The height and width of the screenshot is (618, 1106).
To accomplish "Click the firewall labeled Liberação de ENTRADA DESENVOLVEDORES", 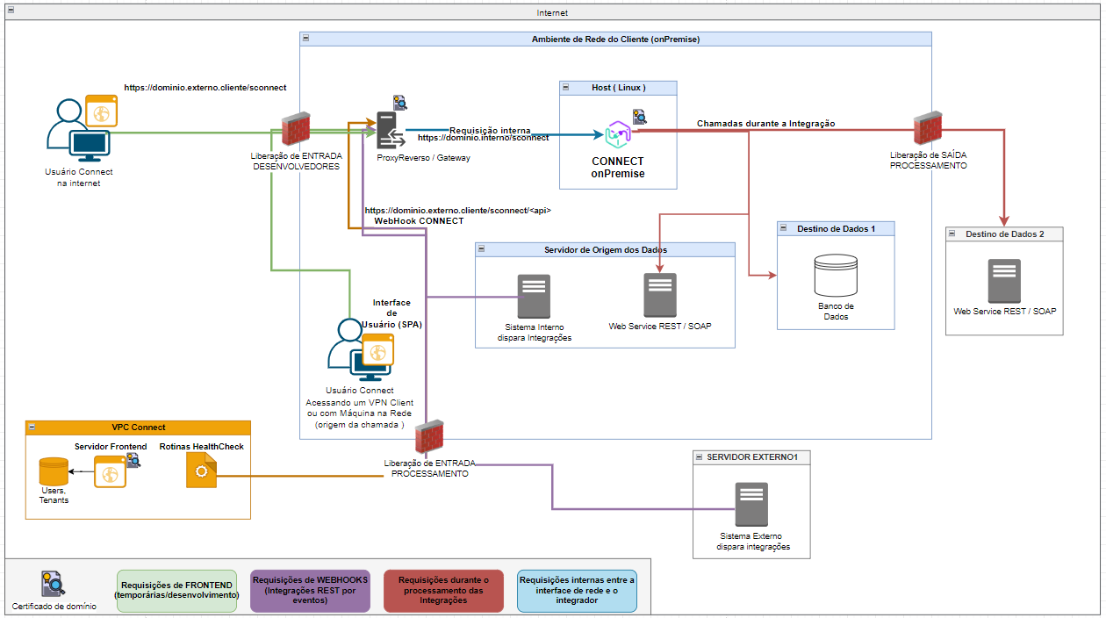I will point(296,130).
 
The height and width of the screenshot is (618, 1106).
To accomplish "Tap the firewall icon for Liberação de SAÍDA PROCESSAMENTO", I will point(928,129).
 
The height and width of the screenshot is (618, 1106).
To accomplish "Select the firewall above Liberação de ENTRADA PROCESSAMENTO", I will point(428,437).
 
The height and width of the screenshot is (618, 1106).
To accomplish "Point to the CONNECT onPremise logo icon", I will point(619,134).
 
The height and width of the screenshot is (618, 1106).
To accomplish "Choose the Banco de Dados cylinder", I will point(836,276).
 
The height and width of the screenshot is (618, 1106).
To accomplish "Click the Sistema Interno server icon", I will point(534,297).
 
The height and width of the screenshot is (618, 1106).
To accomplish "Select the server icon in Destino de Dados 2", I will point(1004,281).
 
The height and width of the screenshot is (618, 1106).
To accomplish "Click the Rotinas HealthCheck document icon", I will point(201,471).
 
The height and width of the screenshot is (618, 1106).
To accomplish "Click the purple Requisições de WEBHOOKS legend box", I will point(310,590).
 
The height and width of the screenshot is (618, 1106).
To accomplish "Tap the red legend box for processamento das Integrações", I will point(443,590).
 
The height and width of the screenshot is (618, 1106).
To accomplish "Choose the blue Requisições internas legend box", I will point(577,590).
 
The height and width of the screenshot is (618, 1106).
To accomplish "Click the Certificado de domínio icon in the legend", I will point(53,584).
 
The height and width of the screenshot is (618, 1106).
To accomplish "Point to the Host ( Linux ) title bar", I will point(619,88).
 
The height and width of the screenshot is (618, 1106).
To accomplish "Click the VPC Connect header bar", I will point(139,428).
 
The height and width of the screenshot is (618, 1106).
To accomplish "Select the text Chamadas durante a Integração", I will point(765,124).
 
